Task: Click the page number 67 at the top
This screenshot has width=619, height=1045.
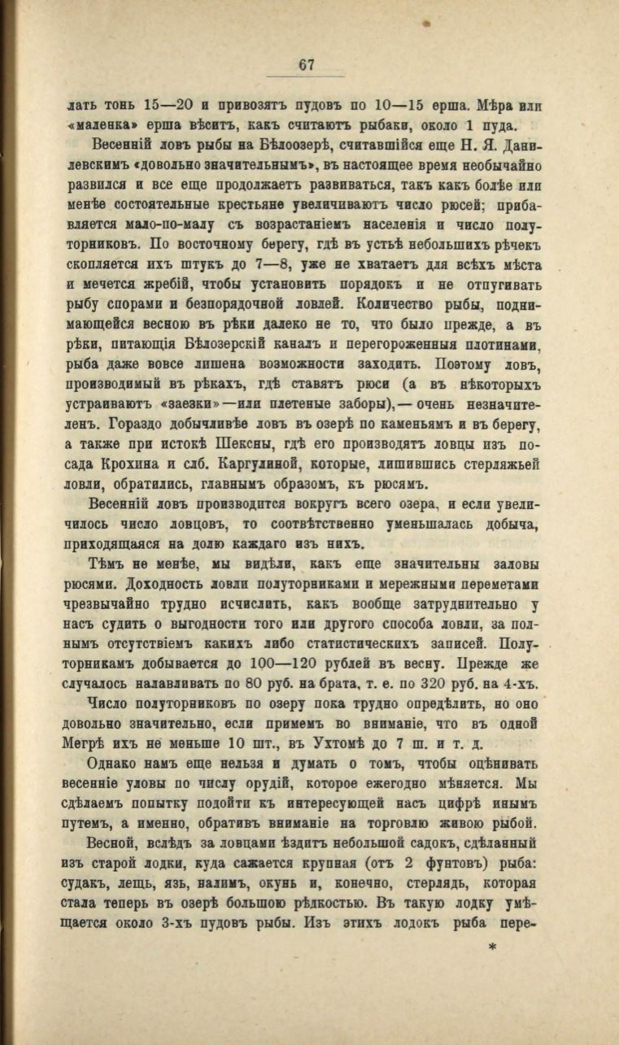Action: point(306,66)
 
